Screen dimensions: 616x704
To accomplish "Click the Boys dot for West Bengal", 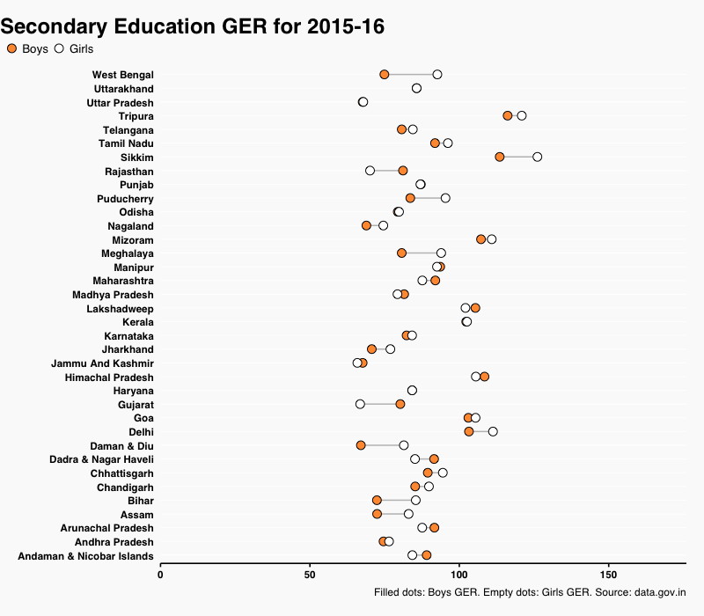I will coord(385,75).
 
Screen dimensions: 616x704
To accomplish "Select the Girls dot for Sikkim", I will coord(537,157).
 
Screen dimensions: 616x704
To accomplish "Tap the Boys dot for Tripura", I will coord(508,116).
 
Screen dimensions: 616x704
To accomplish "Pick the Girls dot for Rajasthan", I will coord(370,171).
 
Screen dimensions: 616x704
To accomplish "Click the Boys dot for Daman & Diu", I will coord(361,445).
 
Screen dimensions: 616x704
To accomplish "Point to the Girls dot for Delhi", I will coord(493,431).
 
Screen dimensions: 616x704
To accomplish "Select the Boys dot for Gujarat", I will coord(400,404).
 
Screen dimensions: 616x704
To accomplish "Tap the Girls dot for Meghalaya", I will coord(441,253).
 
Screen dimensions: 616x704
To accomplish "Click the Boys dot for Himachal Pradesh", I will coord(484,377).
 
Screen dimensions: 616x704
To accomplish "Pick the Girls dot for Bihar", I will coord(415,500).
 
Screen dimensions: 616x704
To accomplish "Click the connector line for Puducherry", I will coord(428,198).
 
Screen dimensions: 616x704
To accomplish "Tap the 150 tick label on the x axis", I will coord(609,575).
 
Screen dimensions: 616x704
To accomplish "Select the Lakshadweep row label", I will coord(120,309).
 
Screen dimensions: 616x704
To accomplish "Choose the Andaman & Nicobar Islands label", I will coord(85,556).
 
